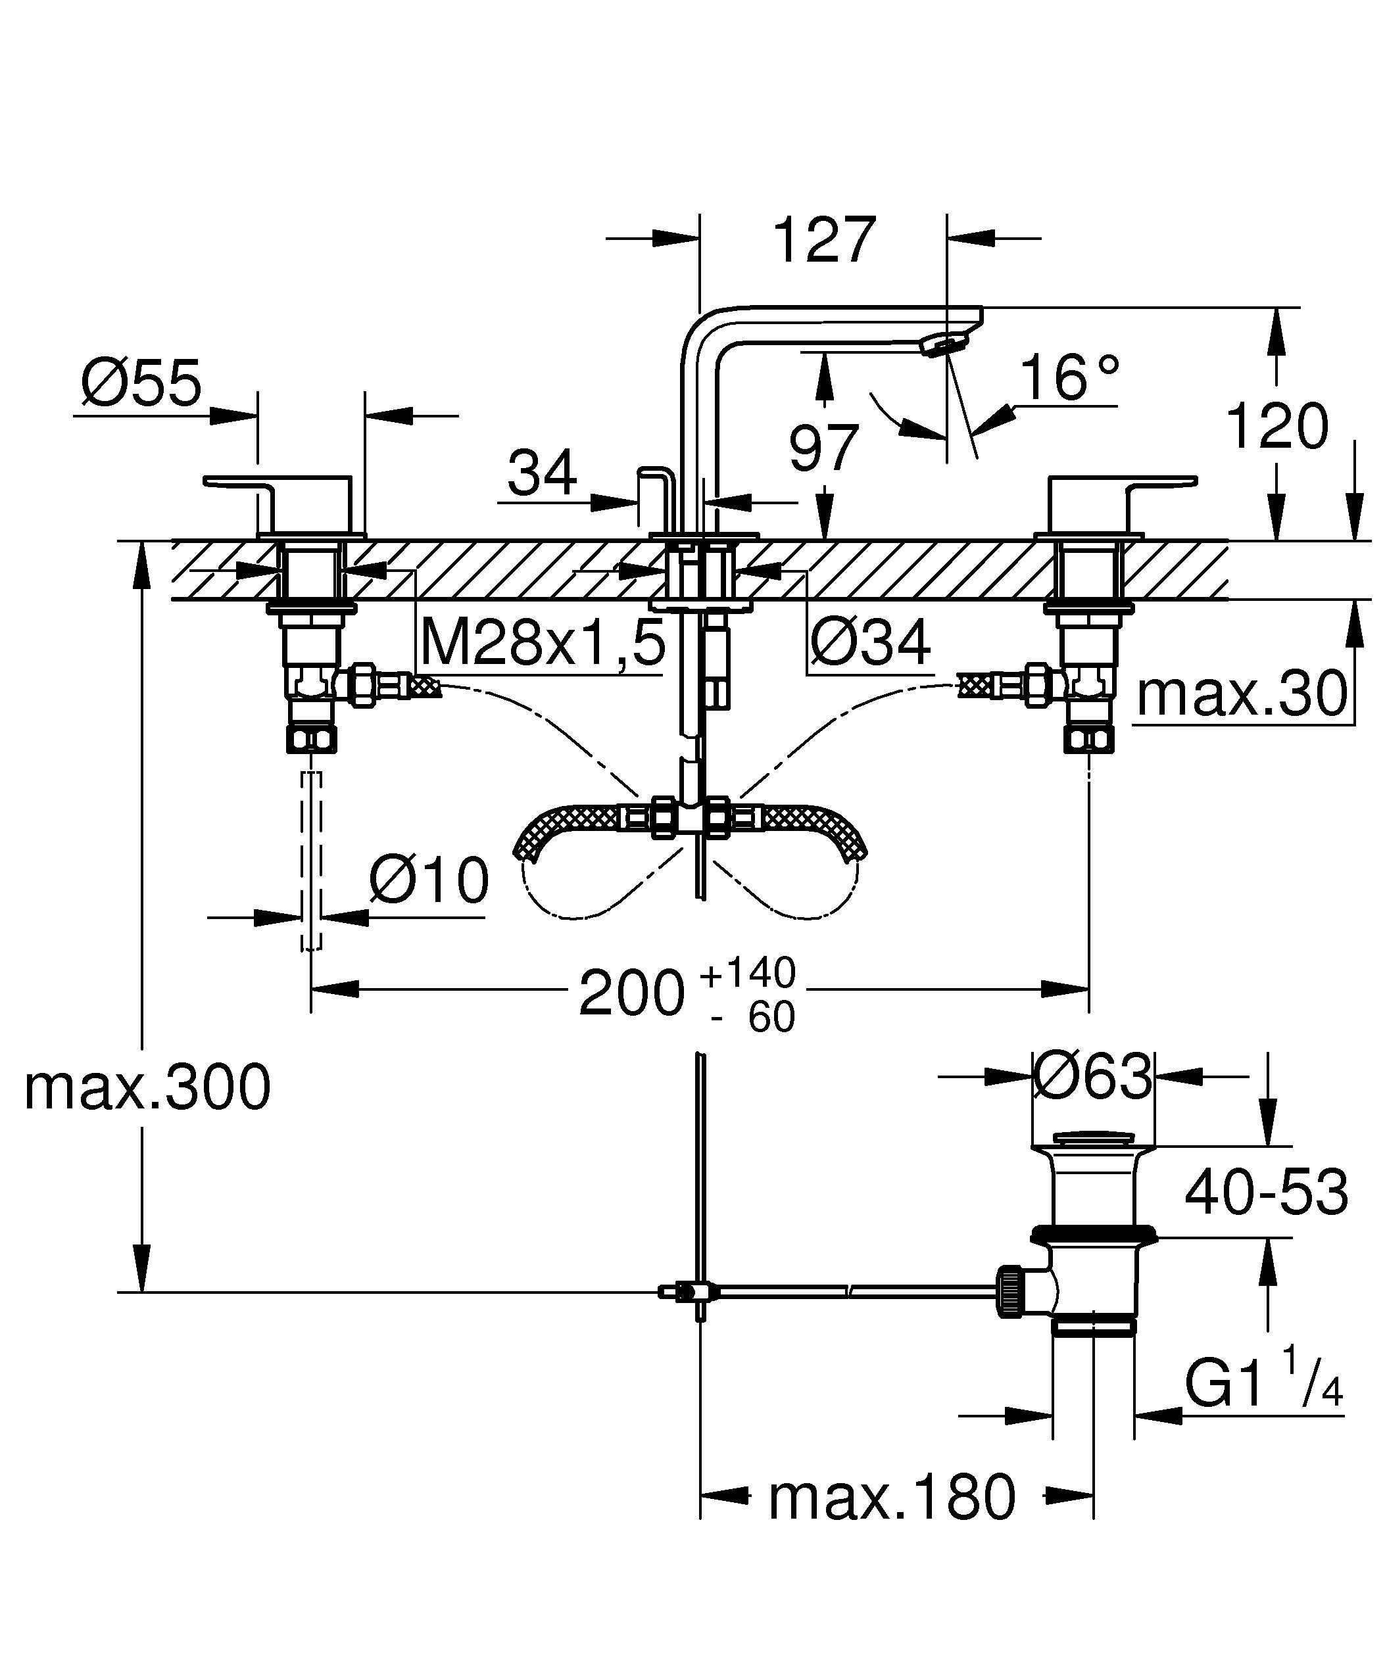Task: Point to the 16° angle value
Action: click(1069, 377)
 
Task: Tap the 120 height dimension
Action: click(1276, 427)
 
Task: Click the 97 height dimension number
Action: click(824, 448)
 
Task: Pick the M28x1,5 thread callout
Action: click(543, 643)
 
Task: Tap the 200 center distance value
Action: click(631, 993)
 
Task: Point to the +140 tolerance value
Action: click(747, 973)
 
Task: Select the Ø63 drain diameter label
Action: click(1093, 1076)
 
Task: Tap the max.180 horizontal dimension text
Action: click(892, 1497)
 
